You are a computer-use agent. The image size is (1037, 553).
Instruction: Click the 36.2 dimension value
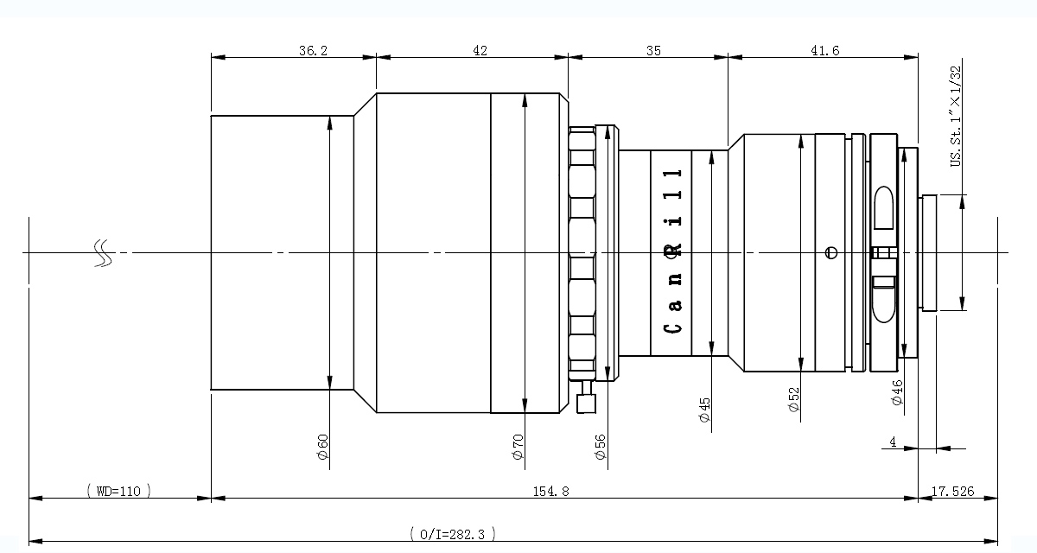(x=313, y=50)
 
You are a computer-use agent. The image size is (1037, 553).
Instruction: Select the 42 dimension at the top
(x=480, y=50)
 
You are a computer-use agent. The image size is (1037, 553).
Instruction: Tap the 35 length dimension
(x=653, y=50)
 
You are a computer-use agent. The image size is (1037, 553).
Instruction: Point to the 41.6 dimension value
(x=824, y=50)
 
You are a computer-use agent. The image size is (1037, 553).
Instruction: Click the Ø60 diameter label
(x=322, y=447)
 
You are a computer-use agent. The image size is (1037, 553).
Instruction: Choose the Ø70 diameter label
(x=518, y=447)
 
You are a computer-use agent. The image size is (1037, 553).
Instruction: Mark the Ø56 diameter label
(x=600, y=447)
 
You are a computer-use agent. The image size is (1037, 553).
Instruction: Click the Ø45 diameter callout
(x=704, y=410)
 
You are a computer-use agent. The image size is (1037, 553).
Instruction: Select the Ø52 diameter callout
(x=793, y=399)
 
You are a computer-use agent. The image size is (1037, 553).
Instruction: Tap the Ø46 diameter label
(x=897, y=392)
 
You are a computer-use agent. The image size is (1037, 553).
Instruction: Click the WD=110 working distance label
(x=119, y=491)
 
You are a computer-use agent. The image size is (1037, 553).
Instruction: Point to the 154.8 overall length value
(x=550, y=491)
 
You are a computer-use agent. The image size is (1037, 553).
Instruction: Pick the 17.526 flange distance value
(x=952, y=491)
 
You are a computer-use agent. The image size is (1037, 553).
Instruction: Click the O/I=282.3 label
(x=452, y=534)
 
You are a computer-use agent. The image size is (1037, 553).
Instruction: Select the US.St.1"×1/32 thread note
(x=956, y=116)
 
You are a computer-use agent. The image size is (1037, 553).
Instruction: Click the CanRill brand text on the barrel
(x=672, y=251)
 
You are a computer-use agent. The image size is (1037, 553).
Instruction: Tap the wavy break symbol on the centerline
(x=103, y=253)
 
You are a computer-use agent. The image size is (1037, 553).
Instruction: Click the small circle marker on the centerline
(x=831, y=252)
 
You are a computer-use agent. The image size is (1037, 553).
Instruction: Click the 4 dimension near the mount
(x=893, y=442)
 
